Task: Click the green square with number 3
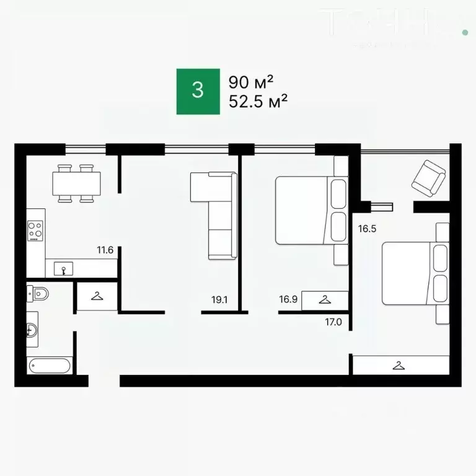pos(198,91)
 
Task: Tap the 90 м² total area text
pos(251,82)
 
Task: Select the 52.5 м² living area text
pos(258,102)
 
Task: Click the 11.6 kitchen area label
pos(105,250)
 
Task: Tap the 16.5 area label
pos(367,228)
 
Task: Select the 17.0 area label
pos(334,322)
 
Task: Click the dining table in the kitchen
pos(76,183)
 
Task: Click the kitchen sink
pos(64,268)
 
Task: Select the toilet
pos(38,293)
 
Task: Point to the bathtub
pos(51,365)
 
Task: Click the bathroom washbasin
pos(32,330)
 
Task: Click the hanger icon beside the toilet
pos(97,296)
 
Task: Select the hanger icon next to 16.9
pos(325,299)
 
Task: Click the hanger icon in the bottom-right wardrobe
pos(399,365)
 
